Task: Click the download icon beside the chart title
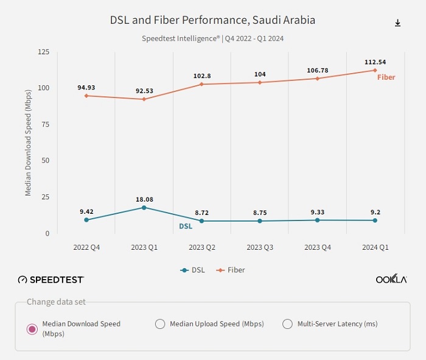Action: pos(398,23)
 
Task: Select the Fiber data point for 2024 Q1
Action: pos(375,70)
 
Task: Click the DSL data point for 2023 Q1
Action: pos(144,208)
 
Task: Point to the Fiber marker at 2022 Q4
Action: pos(86,96)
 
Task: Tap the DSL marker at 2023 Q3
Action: pos(260,221)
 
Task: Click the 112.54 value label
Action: pos(375,62)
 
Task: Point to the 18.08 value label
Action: pos(144,199)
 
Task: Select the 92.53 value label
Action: pos(144,91)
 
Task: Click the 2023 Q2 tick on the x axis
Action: pos(202,247)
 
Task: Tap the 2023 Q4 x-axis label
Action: pos(318,247)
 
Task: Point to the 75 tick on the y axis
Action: pos(44,124)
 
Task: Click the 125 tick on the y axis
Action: pos(43,52)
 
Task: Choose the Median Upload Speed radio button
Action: pos(160,324)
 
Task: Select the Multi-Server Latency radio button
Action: pos(288,324)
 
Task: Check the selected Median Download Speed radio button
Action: pos(32,329)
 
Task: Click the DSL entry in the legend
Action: pos(194,270)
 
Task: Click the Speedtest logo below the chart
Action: pos(51,280)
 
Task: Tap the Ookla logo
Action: pos(391,280)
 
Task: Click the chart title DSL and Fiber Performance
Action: pos(212,20)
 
